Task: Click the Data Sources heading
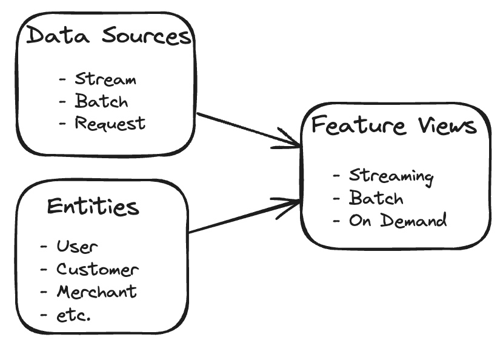[109, 35]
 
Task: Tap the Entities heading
[93, 206]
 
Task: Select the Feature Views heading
[395, 125]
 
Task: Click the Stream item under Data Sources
[105, 79]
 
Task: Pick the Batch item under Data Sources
[101, 101]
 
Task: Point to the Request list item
[110, 123]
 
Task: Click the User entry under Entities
[77, 247]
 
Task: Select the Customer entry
[98, 269]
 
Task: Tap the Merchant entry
[96, 292]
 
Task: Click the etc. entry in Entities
[73, 315]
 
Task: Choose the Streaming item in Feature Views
[391, 176]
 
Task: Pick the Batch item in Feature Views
[376, 198]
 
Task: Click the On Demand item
[398, 220]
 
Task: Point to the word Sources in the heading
[147, 35]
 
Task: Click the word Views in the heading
[447, 125]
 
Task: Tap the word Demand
[414, 220]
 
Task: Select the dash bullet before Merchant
[44, 292]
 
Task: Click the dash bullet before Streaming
[336, 176]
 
